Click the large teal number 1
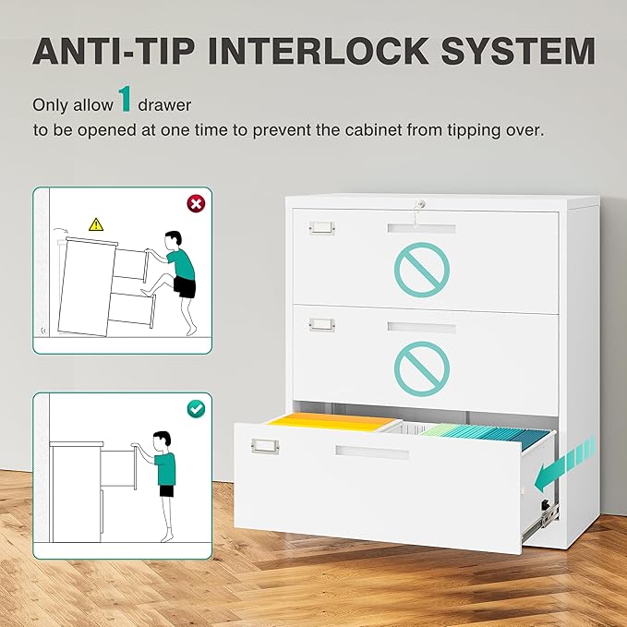127,100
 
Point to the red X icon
195,202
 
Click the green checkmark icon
196,407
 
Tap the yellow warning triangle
96,223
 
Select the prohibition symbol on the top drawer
422,268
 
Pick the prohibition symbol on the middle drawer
422,367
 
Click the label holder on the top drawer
321,227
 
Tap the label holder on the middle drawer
321,324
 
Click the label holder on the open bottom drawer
265,447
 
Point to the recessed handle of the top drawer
422,228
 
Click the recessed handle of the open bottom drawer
372,453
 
